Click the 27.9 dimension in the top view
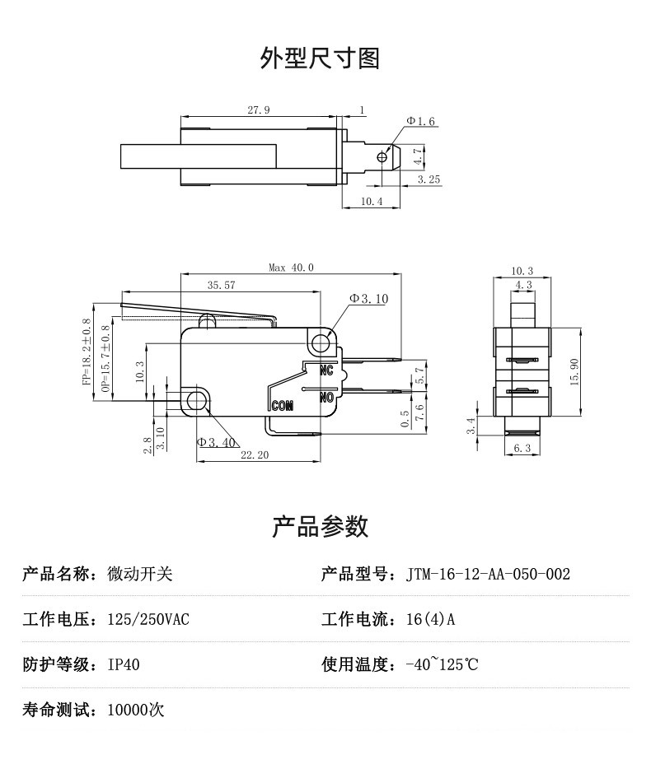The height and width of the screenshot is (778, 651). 258,109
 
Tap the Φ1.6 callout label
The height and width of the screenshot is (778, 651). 420,122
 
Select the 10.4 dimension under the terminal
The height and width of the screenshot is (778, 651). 372,202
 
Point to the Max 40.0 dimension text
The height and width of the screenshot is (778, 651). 291,268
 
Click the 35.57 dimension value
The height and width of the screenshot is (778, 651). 221,286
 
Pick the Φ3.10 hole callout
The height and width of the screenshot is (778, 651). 368,299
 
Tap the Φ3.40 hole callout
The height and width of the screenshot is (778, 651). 217,442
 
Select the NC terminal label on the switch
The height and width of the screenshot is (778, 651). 325,370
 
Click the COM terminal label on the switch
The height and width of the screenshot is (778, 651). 282,405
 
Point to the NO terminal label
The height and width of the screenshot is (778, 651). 326,396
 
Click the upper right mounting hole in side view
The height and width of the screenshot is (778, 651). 322,342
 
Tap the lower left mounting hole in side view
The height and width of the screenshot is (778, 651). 196,401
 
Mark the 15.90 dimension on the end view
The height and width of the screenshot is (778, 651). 574,371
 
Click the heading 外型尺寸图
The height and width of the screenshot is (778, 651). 320,58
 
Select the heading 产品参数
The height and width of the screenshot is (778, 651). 320,526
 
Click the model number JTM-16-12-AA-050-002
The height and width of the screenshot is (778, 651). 488,574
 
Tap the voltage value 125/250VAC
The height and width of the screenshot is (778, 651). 148,619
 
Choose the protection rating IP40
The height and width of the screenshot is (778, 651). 124,664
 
